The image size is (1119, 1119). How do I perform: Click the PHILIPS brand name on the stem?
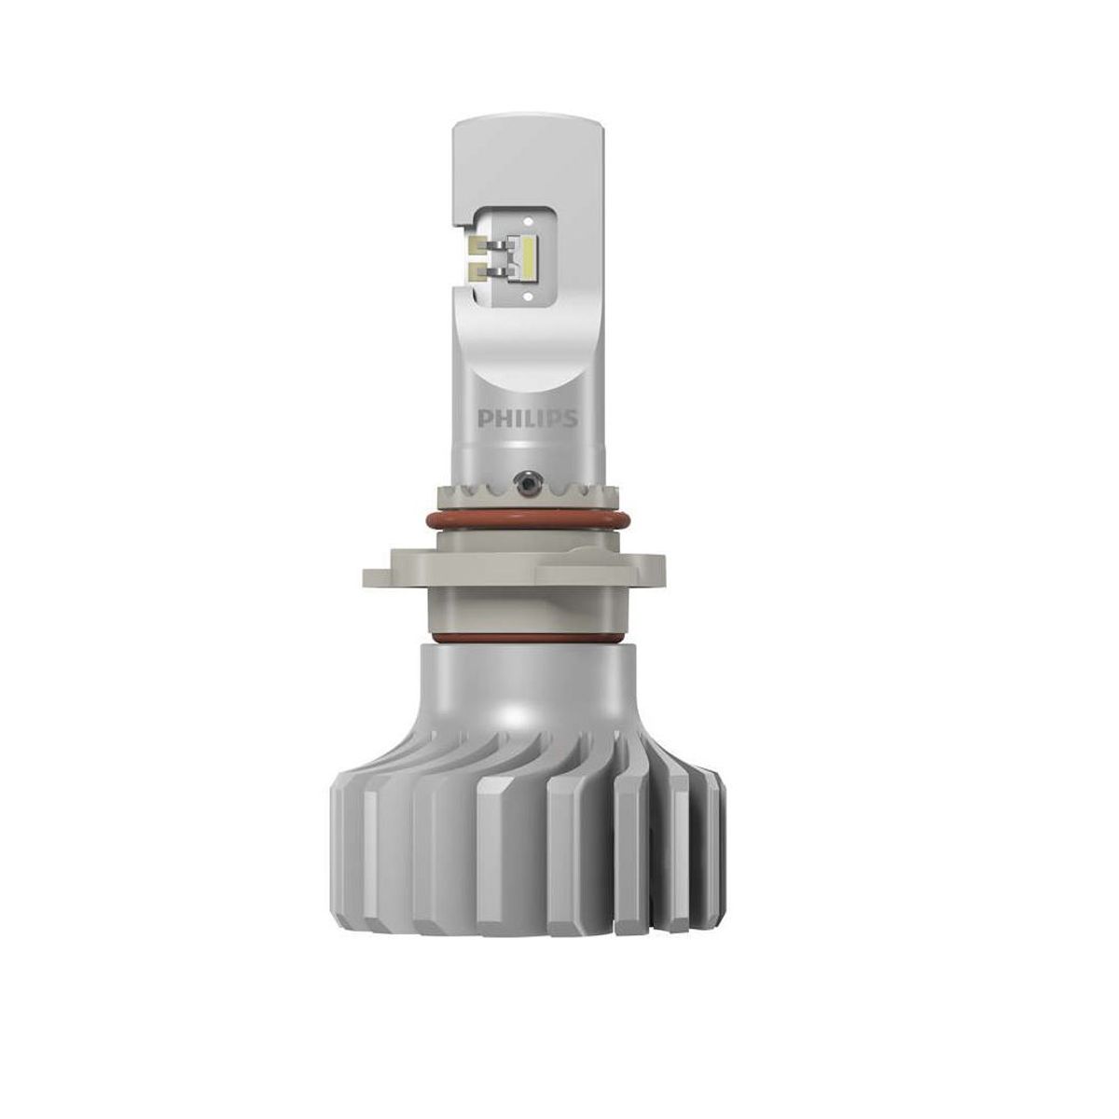click(528, 418)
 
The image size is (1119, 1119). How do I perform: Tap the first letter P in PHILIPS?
click(484, 418)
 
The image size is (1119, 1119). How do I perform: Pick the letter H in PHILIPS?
click(499, 418)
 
